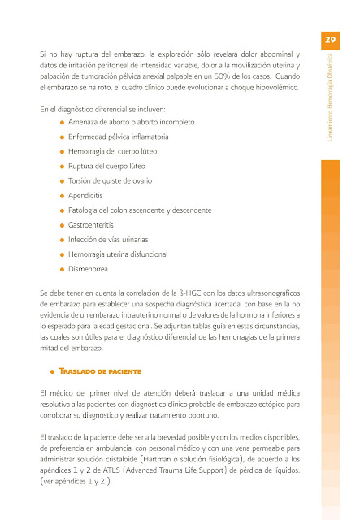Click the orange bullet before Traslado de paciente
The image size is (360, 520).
[52, 371]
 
